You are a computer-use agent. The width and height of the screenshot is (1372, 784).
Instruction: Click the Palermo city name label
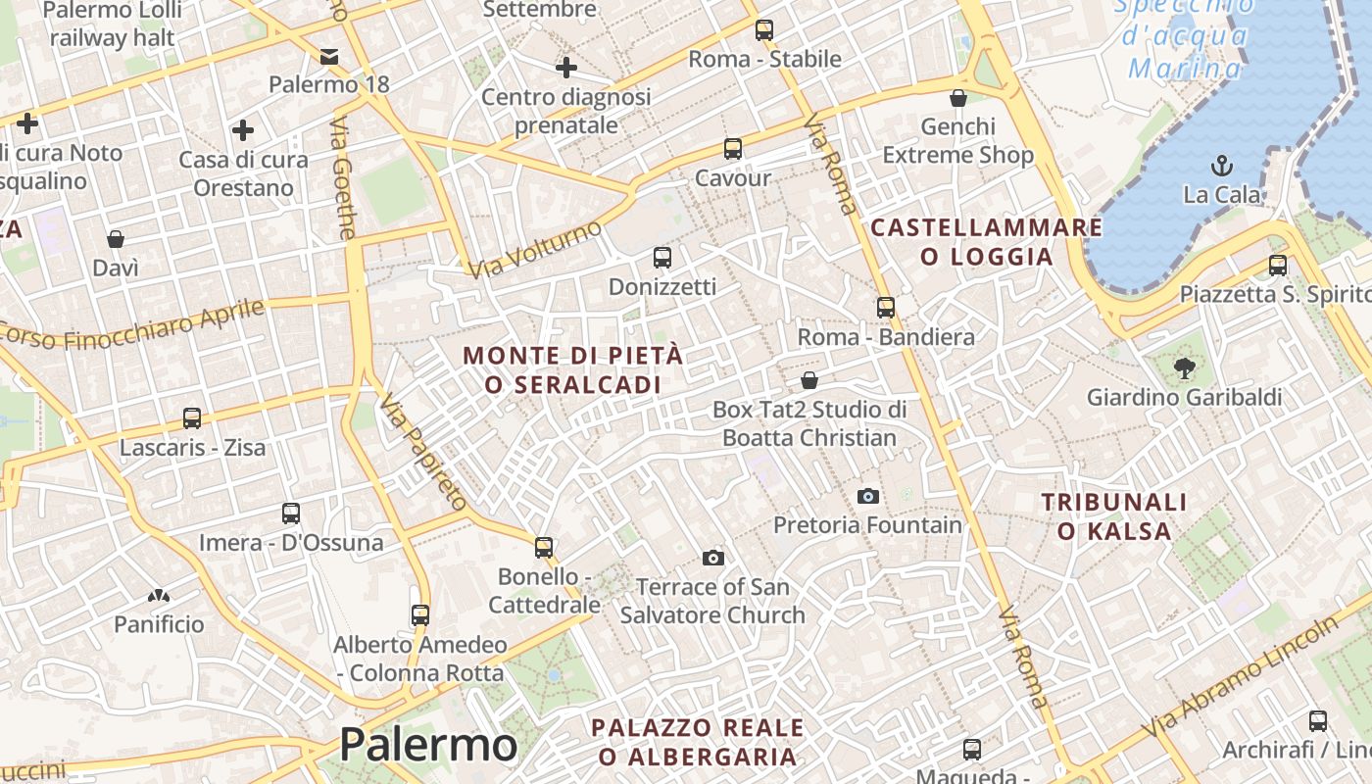(x=428, y=745)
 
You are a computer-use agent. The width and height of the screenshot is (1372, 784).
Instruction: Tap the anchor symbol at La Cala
(x=1221, y=165)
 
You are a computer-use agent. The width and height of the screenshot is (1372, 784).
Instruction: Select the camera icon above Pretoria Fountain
(x=867, y=496)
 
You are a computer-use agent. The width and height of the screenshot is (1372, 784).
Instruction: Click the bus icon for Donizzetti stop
(x=662, y=258)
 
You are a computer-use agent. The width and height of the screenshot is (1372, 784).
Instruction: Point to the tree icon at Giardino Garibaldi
(x=1184, y=368)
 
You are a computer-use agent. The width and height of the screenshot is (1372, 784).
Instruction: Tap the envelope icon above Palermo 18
(x=329, y=56)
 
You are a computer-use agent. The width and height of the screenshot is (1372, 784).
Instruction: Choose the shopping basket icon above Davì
(x=116, y=239)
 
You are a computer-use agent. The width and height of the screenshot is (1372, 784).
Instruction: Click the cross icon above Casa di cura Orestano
(x=243, y=130)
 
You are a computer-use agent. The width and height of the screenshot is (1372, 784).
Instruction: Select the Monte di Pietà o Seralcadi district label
(x=573, y=369)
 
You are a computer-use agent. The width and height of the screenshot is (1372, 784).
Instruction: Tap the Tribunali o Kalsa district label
(x=1114, y=516)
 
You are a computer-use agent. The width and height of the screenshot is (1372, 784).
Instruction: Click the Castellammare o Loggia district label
(x=986, y=242)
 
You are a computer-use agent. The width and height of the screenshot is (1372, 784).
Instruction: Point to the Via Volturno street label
(x=534, y=249)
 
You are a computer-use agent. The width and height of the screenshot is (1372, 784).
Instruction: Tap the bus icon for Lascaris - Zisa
(x=192, y=418)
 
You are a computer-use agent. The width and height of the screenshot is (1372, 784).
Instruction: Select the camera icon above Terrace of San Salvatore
(x=713, y=558)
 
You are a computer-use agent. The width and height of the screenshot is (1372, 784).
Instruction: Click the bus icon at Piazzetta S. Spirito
(x=1278, y=265)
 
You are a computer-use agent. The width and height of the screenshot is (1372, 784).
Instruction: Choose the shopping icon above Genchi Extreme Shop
(x=958, y=98)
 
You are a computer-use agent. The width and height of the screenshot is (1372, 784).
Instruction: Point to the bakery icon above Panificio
(x=159, y=595)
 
